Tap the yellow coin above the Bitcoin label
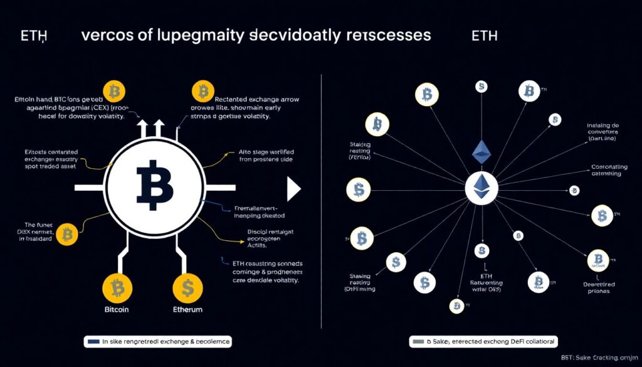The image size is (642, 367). [117, 287]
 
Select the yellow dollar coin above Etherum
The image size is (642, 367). [188, 287]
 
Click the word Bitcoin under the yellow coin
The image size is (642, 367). [117, 309]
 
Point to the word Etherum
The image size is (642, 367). [188, 309]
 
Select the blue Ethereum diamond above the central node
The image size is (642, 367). [481, 151]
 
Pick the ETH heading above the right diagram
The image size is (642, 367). [484, 35]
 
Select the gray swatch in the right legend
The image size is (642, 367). [418, 342]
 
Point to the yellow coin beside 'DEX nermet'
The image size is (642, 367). [68, 236]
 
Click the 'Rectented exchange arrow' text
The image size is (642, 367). [258, 100]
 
